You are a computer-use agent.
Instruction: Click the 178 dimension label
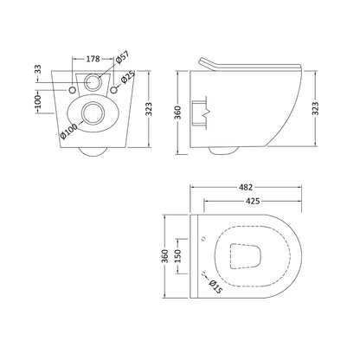tap(93, 59)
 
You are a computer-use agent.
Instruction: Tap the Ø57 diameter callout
tap(122, 57)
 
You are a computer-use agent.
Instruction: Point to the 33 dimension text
tap(38, 69)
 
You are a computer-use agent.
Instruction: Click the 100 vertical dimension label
tap(38, 101)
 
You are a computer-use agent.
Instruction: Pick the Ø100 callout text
tap(69, 131)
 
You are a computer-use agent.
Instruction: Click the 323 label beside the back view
tap(149, 109)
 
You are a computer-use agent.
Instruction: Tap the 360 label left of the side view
tap(177, 112)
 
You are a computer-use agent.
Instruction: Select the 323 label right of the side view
tap(316, 108)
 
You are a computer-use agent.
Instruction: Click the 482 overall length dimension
tap(246, 188)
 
